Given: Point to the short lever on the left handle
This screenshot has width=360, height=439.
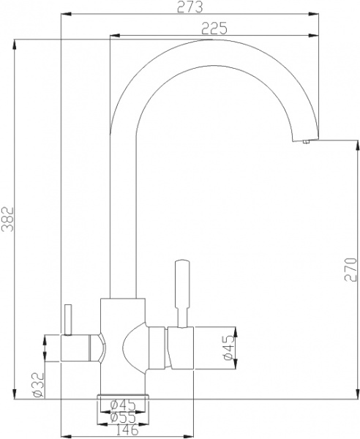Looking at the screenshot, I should tap(68, 319).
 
